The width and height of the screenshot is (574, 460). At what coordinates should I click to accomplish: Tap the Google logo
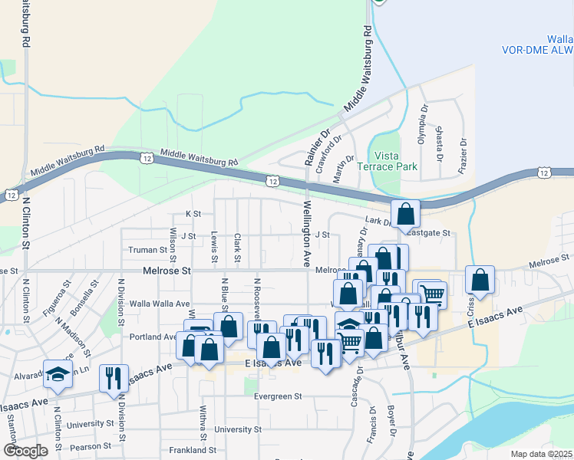[25, 451]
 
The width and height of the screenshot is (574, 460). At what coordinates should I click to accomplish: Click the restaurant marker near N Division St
[114, 378]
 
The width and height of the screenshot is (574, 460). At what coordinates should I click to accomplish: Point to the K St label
[193, 214]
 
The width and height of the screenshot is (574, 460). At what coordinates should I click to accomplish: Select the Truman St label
[147, 250]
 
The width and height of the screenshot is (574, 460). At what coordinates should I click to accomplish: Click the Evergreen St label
[279, 396]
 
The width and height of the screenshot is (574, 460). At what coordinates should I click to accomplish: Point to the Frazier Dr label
[463, 156]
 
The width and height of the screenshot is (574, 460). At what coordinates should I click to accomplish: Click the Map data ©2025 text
[541, 454]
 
